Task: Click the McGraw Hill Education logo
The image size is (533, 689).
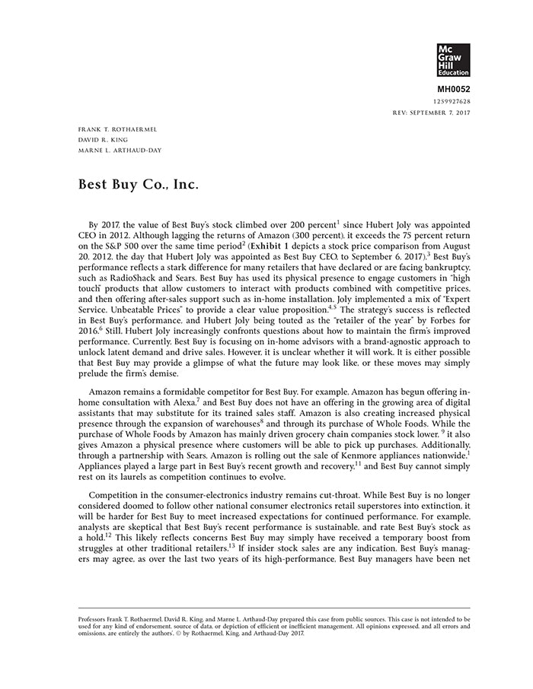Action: [454, 60]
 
